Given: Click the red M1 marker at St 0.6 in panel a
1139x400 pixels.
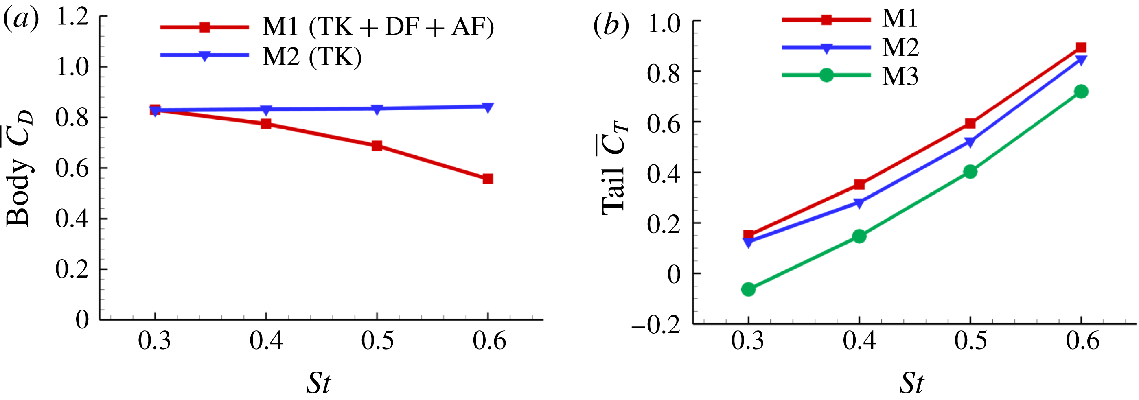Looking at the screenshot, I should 488,179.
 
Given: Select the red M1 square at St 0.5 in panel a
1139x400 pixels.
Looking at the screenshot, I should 377,146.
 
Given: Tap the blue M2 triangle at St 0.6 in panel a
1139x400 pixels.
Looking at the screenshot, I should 488,107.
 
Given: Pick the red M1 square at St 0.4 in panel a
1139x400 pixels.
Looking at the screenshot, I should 266,124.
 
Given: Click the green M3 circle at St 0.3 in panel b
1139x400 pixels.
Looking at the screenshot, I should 748,289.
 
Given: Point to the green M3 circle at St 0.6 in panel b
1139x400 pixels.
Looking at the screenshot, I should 1081,92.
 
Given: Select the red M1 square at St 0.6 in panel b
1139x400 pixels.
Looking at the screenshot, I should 1081,47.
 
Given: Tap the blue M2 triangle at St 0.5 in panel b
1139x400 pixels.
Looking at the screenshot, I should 970,142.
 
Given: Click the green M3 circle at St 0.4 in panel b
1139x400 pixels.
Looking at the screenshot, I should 859,236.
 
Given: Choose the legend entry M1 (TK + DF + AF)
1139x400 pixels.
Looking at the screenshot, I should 378,27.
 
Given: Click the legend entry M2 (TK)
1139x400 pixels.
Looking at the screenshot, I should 312,57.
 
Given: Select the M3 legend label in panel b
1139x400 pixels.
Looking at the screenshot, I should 900,77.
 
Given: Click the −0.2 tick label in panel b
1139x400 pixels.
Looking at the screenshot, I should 655,326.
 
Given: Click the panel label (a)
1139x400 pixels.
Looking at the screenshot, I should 21,20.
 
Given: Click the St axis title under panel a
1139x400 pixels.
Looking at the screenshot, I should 318,383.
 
